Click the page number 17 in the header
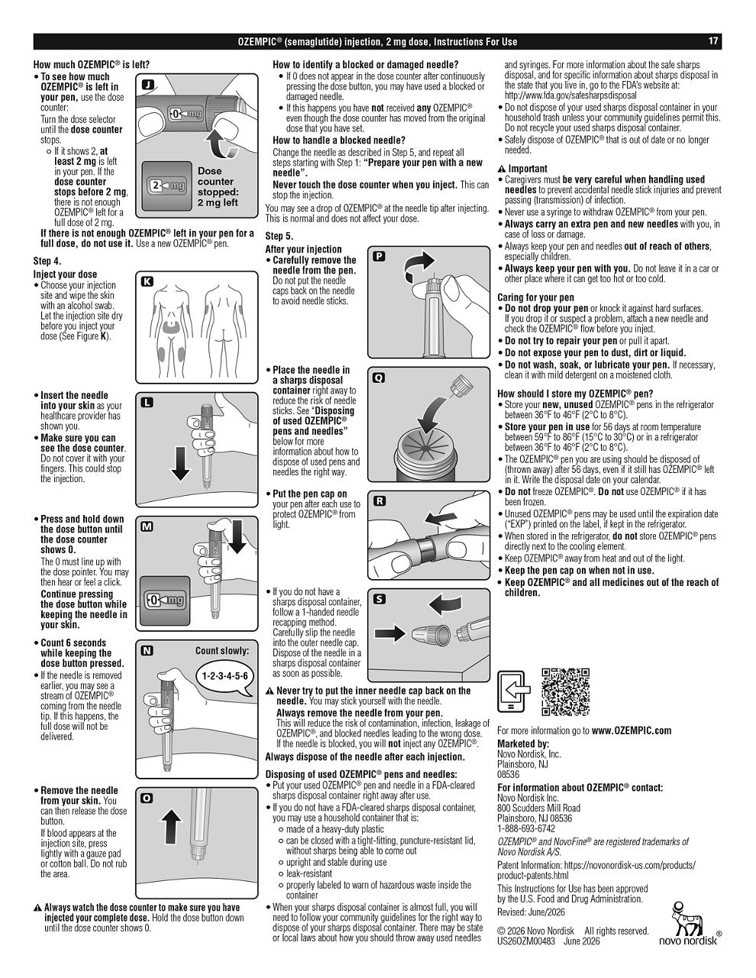tap(712, 41)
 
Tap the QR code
tap(565, 691)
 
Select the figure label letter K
tap(147, 282)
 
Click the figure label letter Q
tap(379, 378)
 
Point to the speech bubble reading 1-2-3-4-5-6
tap(225, 676)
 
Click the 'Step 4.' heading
tap(47, 261)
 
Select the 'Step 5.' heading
tap(279, 236)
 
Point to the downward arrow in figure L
tap(180, 464)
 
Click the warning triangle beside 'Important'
tap(502, 169)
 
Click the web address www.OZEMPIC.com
tap(631, 730)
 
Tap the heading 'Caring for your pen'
tap(535, 297)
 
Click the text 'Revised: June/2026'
tap(531, 912)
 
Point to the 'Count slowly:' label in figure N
tap(221, 651)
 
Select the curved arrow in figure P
tap(418, 267)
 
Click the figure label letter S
tap(380, 599)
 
